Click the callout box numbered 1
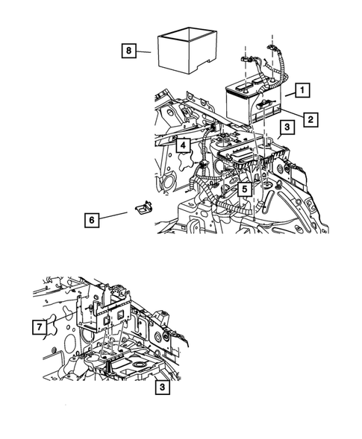point(302,90)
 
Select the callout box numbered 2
point(310,119)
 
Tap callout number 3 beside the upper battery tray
point(287,127)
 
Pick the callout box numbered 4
point(183,145)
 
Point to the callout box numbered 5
point(245,189)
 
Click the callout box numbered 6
point(92,220)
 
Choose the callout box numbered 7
point(40,326)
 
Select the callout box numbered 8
point(128,51)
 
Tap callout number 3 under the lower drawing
point(163,388)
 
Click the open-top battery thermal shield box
point(187,51)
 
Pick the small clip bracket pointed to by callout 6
point(144,207)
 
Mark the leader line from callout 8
point(143,51)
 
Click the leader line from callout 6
point(113,216)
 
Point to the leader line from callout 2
point(292,113)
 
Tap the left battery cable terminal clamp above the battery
point(246,59)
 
